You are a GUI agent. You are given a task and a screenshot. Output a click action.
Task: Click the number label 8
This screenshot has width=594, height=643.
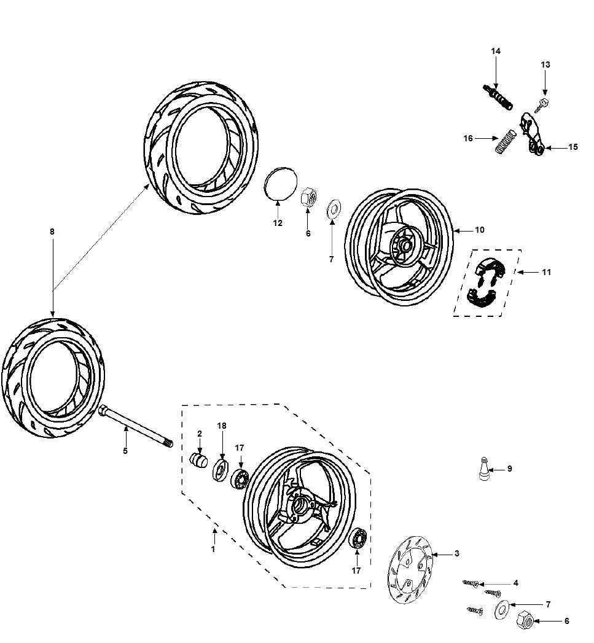52,232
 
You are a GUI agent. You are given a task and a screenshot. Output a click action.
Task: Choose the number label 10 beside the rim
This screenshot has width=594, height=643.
479,230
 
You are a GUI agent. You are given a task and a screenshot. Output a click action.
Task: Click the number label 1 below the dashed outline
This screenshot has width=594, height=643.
213,549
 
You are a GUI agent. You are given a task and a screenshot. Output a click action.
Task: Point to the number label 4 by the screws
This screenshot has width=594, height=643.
516,583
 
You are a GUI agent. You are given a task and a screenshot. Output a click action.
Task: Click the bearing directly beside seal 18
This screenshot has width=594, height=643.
240,478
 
